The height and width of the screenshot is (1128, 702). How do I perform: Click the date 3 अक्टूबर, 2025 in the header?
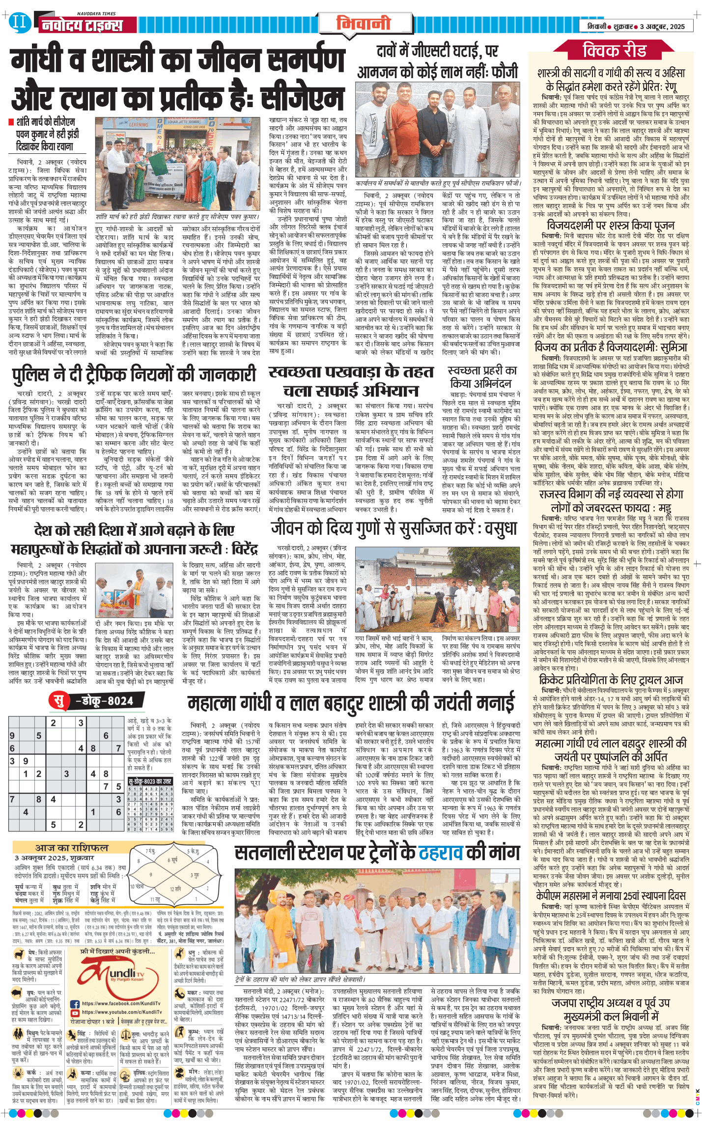pyautogui.click(x=662, y=27)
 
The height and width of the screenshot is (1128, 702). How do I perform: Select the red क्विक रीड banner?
pyautogui.click(x=614, y=51)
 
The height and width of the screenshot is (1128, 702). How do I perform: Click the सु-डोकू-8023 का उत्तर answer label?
pyautogui.click(x=150, y=781)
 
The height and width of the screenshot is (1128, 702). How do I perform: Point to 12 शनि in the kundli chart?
pyautogui.click(x=175, y=889)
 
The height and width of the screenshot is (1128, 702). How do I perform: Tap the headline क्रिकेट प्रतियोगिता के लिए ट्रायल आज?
pyautogui.click(x=611, y=680)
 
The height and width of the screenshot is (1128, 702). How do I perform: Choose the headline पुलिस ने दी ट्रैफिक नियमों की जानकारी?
pyautogui.click(x=134, y=375)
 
